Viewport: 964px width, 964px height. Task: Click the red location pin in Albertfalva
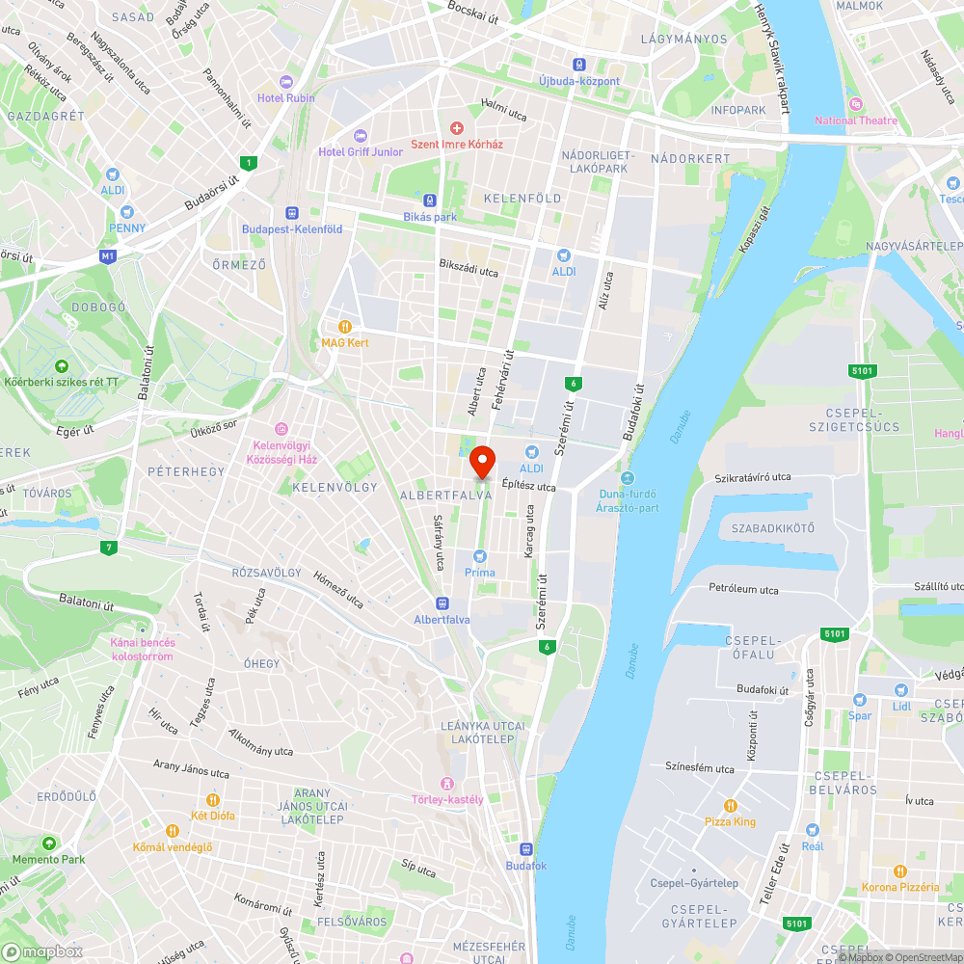point(481,461)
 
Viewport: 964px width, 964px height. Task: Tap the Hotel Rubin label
point(285,97)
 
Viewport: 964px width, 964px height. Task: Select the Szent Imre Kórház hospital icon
point(457,128)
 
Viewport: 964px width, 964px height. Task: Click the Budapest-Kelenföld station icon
point(291,213)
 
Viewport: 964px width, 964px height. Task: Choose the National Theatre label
point(855,120)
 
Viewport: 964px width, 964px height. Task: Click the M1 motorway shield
point(108,256)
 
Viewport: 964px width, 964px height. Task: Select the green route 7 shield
point(107,549)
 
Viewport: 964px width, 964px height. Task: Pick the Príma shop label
point(479,573)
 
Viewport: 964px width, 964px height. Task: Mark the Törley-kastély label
point(448,799)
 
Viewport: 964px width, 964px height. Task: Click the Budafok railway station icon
point(525,849)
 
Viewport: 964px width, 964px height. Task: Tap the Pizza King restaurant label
point(730,822)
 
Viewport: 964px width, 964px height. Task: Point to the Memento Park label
point(48,859)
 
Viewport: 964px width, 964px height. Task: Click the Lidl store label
point(901,707)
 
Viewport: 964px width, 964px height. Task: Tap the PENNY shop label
point(127,228)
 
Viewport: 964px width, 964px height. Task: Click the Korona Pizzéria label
point(899,887)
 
